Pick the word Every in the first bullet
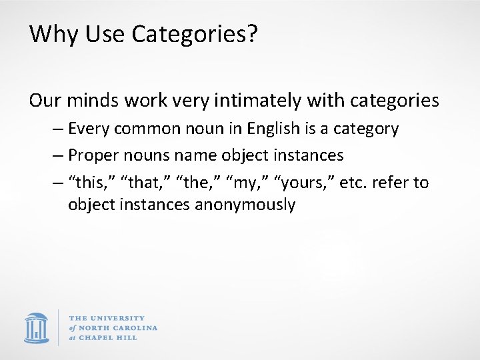point(90,129)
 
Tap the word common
point(148,129)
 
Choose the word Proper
point(92,156)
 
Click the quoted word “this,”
point(87,183)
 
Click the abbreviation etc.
point(351,183)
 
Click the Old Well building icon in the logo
point(37,327)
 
